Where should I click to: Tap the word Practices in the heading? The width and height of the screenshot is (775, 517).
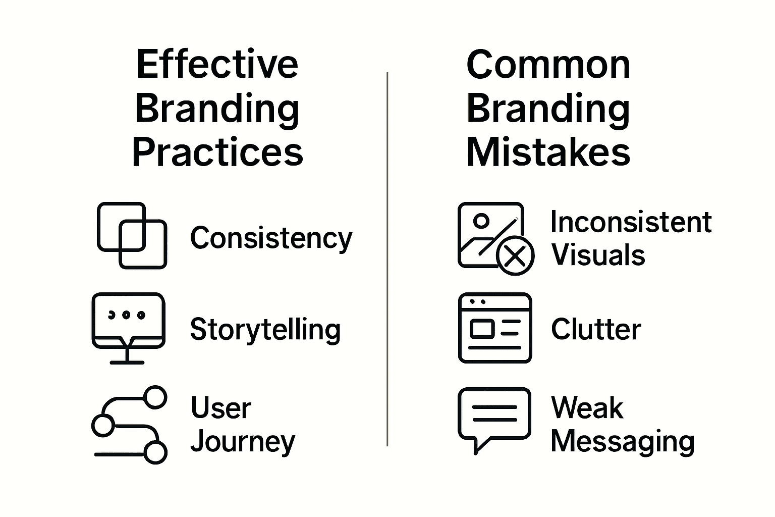tap(217, 152)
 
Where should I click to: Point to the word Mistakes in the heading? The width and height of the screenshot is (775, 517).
tap(548, 152)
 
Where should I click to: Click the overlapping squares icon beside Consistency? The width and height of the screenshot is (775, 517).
tap(132, 235)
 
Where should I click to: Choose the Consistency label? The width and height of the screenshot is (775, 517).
tap(271, 238)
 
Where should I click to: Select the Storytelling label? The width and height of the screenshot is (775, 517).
tap(265, 330)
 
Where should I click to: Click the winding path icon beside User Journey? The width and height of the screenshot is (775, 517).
tap(129, 425)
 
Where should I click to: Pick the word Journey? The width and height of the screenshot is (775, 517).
tap(243, 442)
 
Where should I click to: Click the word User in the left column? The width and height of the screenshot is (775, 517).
tap(220, 408)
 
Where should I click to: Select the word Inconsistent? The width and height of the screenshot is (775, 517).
tap(631, 222)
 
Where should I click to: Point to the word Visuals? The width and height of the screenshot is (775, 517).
tap(598, 255)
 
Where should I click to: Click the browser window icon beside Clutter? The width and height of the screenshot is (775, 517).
tap(495, 328)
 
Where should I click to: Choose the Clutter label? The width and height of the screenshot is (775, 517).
tap(596, 330)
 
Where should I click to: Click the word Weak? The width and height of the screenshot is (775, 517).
tap(587, 408)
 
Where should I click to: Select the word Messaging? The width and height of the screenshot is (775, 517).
tap(623, 442)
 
